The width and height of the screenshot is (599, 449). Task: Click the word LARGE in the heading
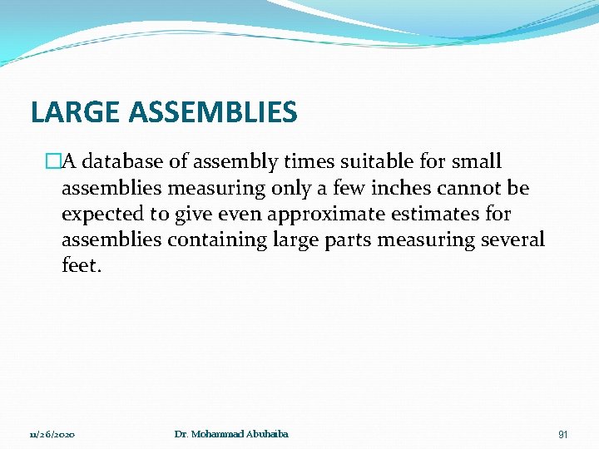click(67, 111)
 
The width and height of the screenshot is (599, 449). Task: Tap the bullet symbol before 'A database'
click(53, 160)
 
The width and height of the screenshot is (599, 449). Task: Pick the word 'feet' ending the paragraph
click(79, 267)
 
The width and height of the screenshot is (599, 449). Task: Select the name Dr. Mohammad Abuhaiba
click(232, 434)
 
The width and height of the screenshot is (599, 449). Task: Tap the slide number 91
click(562, 434)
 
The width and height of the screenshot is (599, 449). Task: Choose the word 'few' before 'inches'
click(351, 187)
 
